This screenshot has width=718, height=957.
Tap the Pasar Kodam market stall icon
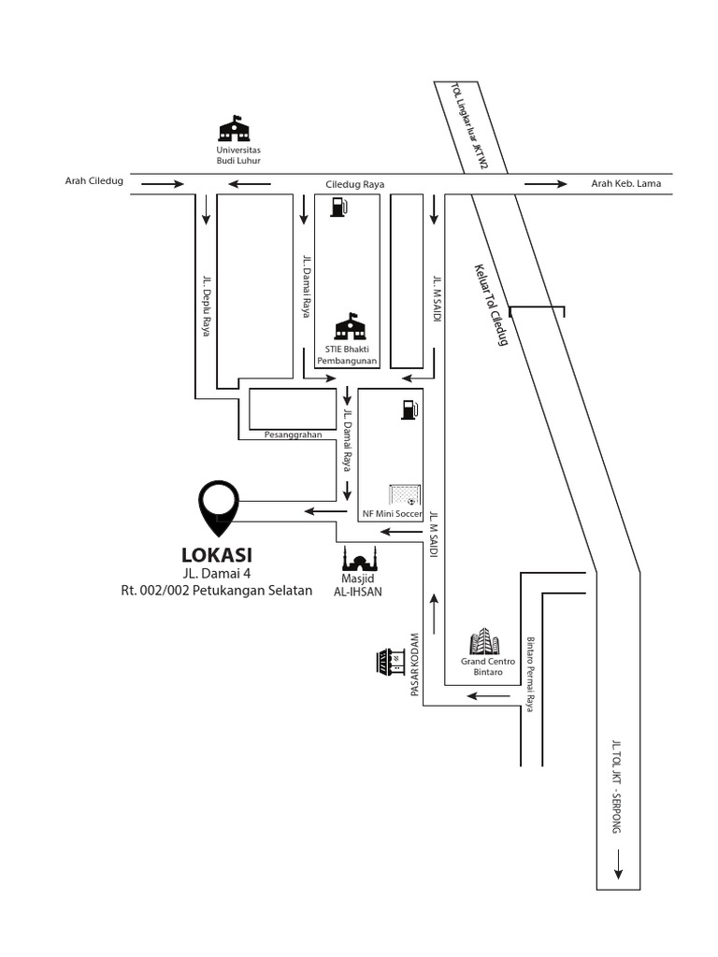click(391, 662)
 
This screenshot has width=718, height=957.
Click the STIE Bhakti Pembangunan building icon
click(352, 327)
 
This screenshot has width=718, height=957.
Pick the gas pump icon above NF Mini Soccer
click(408, 409)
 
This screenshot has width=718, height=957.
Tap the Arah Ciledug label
click(93, 182)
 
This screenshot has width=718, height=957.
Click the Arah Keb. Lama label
click(625, 183)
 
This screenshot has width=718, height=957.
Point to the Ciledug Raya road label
click(354, 185)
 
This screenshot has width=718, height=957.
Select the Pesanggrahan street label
click(293, 436)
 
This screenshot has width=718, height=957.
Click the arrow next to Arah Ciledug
click(163, 184)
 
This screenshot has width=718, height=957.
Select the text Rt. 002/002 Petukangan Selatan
click(216, 591)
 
